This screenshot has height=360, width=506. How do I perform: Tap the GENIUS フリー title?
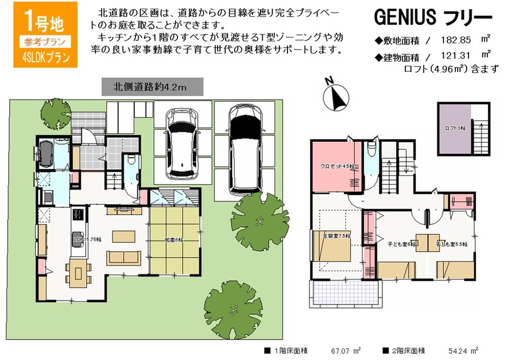433,18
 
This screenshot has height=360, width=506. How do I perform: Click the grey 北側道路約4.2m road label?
152,87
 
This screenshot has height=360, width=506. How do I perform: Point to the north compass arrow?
337,96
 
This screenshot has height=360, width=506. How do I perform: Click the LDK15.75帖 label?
86,238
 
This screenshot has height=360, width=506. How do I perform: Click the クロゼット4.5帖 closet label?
336,167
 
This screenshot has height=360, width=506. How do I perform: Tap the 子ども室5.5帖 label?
452,244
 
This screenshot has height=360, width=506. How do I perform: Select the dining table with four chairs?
78,272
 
